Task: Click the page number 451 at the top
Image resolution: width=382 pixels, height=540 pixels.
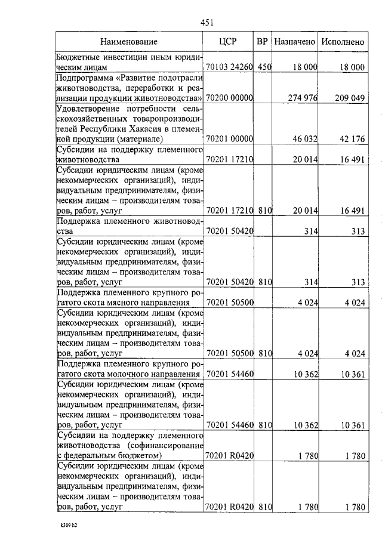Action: pyautogui.click(x=207, y=23)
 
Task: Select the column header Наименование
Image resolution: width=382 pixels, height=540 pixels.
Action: pyautogui.click(x=129, y=42)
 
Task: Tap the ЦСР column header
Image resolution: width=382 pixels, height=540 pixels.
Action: pyautogui.click(x=229, y=42)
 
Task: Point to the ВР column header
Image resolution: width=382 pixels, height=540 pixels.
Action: pyautogui.click(x=262, y=42)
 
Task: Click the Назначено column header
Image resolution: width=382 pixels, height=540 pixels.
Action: pyautogui.click(x=294, y=42)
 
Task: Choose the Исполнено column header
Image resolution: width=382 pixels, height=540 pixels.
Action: pyautogui.click(x=343, y=42)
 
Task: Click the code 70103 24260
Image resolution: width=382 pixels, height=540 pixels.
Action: pyautogui.click(x=229, y=67)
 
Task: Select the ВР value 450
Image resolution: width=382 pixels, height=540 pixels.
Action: pyautogui.click(x=264, y=67)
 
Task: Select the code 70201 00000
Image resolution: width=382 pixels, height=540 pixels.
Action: pyautogui.click(x=229, y=139)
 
